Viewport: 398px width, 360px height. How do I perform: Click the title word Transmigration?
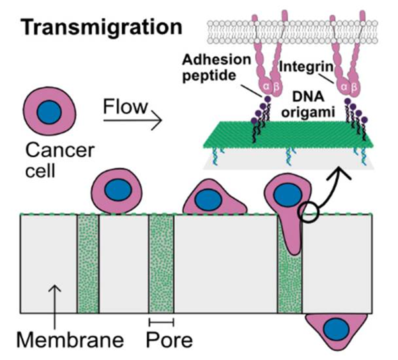[100, 28]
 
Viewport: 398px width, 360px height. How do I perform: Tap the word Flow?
[126, 106]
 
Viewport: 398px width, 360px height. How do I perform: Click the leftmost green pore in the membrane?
[88, 264]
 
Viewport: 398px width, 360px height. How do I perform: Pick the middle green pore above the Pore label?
[161, 264]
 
